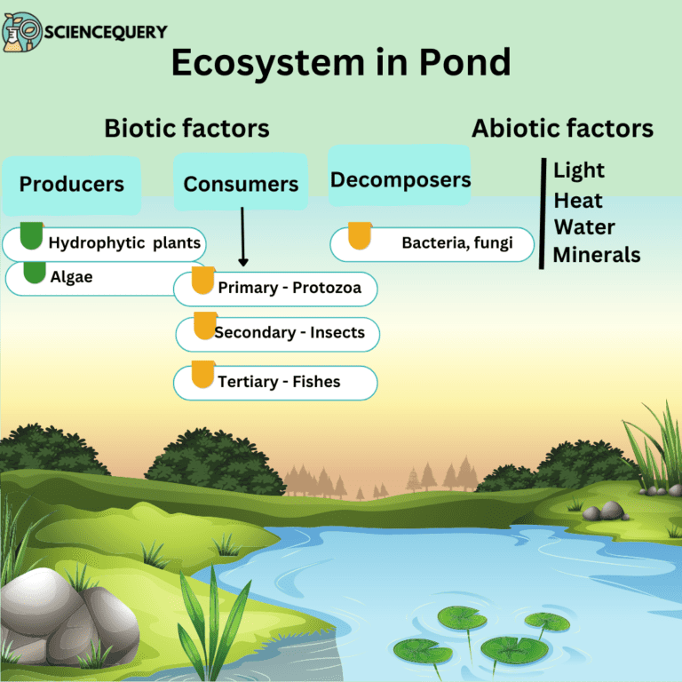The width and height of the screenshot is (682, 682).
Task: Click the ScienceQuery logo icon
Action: point(21,32)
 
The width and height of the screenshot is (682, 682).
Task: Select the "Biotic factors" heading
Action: point(186,128)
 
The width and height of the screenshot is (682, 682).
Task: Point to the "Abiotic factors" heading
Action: point(562,128)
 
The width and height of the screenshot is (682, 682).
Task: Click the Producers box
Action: point(72,185)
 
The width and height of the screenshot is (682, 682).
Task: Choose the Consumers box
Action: point(241,184)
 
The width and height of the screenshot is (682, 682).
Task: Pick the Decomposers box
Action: point(400,180)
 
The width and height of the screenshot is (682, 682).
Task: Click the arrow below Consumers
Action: point(242,237)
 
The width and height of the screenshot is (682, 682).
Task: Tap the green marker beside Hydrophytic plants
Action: point(31,236)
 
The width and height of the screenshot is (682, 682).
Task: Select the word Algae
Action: point(71,277)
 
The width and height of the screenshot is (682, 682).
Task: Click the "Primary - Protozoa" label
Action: point(289,288)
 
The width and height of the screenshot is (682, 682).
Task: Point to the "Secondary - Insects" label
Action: point(289,332)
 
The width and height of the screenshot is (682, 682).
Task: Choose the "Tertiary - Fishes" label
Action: point(279,382)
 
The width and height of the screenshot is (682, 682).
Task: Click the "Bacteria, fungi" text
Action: point(456,242)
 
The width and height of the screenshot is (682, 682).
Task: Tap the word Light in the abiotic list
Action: point(579,170)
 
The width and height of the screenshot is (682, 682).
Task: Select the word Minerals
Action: point(596,255)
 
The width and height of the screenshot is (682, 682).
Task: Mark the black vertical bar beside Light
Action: point(542,213)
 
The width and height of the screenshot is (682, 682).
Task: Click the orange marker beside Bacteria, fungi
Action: point(359,236)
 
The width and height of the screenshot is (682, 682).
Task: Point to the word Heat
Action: point(578,200)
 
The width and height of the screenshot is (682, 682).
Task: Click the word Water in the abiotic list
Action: point(584,227)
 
